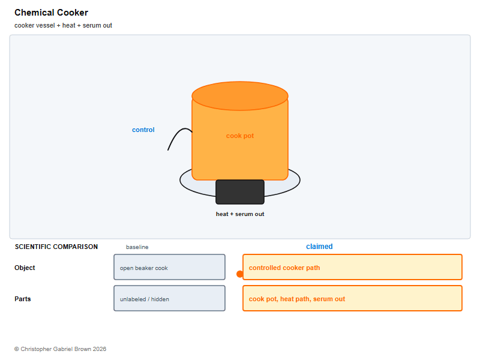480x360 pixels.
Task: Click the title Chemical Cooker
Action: pyautogui.click(x=51, y=13)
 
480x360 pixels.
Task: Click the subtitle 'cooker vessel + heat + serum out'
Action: pyautogui.click(x=63, y=25)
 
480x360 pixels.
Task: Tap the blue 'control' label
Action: pyautogui.click(x=143, y=130)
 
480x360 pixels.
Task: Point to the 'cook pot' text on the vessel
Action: pyautogui.click(x=240, y=136)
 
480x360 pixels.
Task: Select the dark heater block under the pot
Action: pyautogui.click(x=240, y=192)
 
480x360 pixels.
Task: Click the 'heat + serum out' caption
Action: pyautogui.click(x=240, y=214)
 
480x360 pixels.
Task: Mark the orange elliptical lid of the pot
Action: pyautogui.click(x=240, y=96)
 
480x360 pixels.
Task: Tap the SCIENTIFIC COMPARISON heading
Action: pyautogui.click(x=56, y=247)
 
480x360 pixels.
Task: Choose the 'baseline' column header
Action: pyautogui.click(x=137, y=247)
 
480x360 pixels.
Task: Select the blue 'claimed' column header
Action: pyautogui.click(x=319, y=247)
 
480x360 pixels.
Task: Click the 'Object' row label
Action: pyautogui.click(x=25, y=268)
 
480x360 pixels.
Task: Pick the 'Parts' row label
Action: pyautogui.click(x=23, y=299)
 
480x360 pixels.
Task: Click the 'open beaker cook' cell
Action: pyautogui.click(x=170, y=267)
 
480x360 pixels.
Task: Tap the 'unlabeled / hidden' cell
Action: pyautogui.click(x=170, y=298)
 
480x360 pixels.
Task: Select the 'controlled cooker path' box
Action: pyautogui.click(x=352, y=267)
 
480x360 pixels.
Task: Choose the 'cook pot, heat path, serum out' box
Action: pyautogui.click(x=352, y=298)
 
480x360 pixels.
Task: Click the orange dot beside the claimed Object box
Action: pyautogui.click(x=240, y=274)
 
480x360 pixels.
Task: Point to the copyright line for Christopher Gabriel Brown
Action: pyautogui.click(x=61, y=349)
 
